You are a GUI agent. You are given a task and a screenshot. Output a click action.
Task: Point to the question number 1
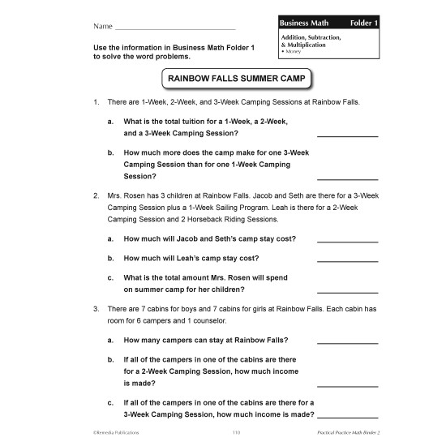coord(96,102)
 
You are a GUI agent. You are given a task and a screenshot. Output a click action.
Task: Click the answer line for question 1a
coord(347,135)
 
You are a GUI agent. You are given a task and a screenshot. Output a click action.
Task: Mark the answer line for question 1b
coord(347,178)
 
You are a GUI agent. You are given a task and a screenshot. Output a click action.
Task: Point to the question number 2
coord(96,196)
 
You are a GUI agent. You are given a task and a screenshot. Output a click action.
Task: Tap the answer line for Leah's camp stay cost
coord(347,260)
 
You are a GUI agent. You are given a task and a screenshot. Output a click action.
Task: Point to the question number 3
coord(96,309)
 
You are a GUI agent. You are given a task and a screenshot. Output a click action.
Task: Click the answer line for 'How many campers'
coord(347,342)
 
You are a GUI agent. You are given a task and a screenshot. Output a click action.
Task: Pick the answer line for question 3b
coord(347,386)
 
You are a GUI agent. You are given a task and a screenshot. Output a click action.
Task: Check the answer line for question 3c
coord(347,416)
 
